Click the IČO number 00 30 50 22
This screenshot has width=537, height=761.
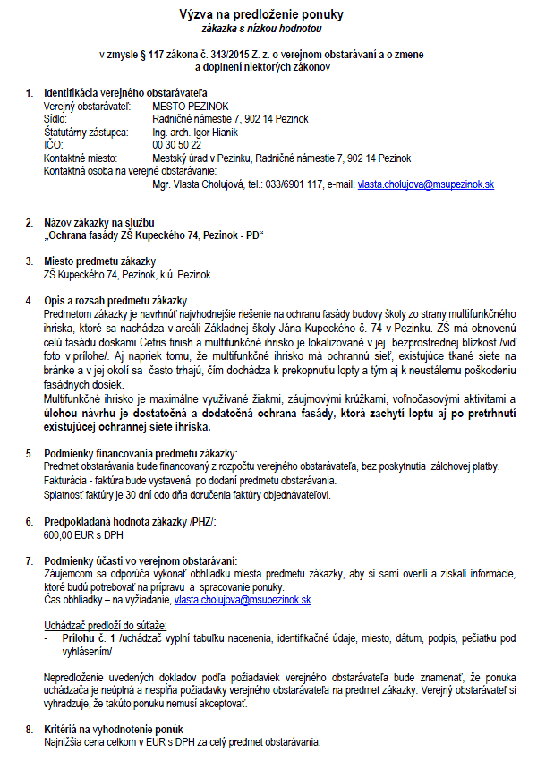point(177,145)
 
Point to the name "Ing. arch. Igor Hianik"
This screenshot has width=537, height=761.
point(193,133)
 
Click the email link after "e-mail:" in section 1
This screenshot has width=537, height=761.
point(426,184)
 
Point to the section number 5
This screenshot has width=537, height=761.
point(29,455)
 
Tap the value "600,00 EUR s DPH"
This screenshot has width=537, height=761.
point(81,535)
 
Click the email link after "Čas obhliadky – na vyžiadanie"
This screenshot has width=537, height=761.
point(243,600)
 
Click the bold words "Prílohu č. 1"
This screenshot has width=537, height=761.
point(83,639)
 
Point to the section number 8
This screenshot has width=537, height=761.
point(29,730)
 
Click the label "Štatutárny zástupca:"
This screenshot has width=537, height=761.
point(87,133)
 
